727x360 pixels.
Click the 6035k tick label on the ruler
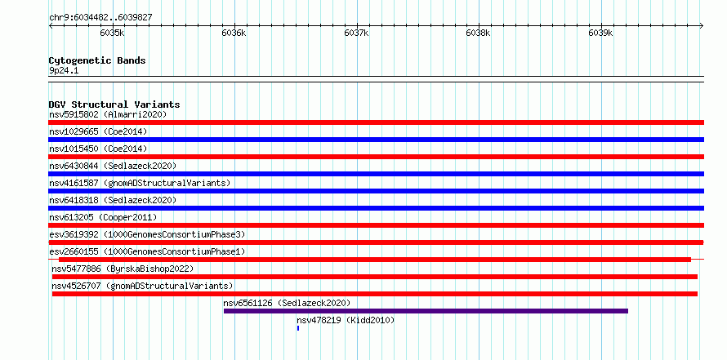point(112,33)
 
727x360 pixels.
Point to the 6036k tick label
point(234,33)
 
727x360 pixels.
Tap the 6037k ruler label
point(356,33)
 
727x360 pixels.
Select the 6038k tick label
point(478,33)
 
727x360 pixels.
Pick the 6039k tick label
point(600,33)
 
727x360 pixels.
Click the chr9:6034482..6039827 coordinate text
point(100,18)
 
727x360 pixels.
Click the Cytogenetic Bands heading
point(97,60)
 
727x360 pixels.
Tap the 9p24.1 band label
point(65,70)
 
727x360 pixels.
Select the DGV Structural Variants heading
point(114,104)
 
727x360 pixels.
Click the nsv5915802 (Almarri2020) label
point(108,114)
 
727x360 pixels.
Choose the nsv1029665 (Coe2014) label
point(98,131)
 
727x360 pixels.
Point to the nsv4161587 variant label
point(140,183)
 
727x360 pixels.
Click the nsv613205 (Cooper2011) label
point(103,217)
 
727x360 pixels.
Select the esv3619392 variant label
point(147,234)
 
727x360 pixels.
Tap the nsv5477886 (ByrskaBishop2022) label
point(123,269)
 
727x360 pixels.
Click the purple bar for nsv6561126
point(426,311)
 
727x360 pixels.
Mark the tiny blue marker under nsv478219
point(298,328)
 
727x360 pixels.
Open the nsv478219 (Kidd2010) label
point(346,320)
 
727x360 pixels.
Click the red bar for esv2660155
point(375,260)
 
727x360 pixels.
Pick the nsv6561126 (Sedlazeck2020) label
point(287,303)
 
